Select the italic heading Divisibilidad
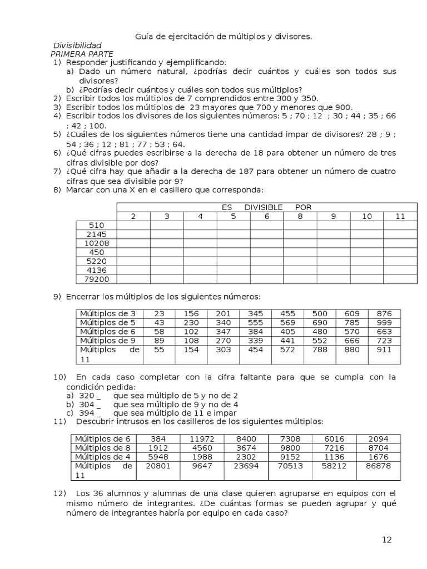77,46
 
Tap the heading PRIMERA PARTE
82,54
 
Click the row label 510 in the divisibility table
96,225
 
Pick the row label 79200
96,279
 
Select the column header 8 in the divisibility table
300,216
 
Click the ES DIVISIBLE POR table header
266,207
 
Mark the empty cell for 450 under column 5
234,252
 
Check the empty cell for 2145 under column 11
400,234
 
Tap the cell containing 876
384,314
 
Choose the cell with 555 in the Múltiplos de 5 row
256,323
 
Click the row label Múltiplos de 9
108,341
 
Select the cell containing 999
384,323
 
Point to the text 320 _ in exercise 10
90,396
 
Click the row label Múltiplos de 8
102,448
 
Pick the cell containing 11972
202,439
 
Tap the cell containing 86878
378,466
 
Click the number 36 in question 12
104,493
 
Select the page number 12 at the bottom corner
387,540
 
